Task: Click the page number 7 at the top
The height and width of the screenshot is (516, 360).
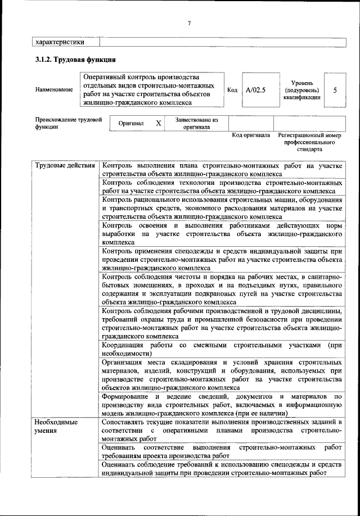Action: click(190, 22)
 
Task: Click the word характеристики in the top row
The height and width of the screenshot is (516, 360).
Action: click(60, 42)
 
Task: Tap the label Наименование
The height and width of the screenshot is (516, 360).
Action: click(54, 90)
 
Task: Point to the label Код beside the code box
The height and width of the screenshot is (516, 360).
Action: click(232, 90)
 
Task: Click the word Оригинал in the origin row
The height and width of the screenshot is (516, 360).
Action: click(130, 123)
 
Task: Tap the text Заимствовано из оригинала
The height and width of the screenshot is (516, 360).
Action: click(196, 123)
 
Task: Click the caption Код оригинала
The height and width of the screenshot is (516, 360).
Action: click(251, 136)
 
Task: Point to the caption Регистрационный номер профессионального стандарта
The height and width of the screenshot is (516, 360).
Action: click(309, 143)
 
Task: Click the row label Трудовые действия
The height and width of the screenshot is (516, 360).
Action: click(65, 166)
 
